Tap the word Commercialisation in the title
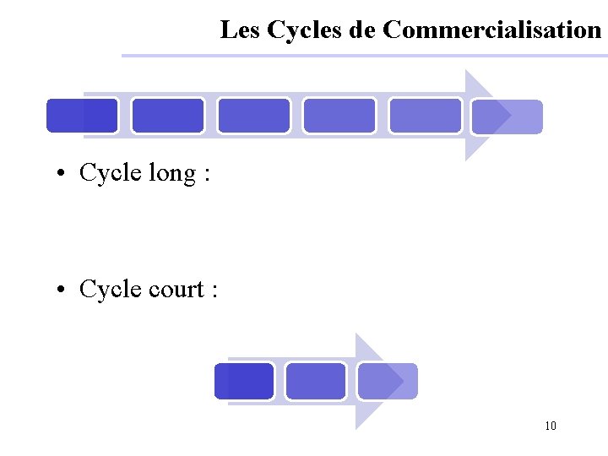(x=491, y=30)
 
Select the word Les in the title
(x=241, y=30)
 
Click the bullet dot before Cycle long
(x=62, y=175)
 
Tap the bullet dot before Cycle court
(x=62, y=291)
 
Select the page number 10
(x=551, y=426)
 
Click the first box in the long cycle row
(x=82, y=116)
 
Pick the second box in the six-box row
(x=168, y=116)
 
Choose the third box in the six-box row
(x=253, y=116)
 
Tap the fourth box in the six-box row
(x=339, y=116)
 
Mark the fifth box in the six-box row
(x=425, y=116)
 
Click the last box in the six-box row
(x=507, y=117)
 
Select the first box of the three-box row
(x=244, y=381)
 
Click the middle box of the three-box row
(x=315, y=381)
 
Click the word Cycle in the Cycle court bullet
(x=110, y=290)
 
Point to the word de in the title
(x=362, y=30)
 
